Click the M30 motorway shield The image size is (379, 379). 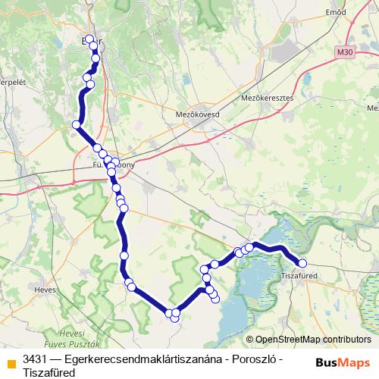pyautogui.click(x=346, y=52)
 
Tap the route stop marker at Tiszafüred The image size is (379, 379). pyautogui.click(x=302, y=263)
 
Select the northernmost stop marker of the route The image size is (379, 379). pyautogui.click(x=90, y=39)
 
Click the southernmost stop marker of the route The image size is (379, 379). pyautogui.click(x=175, y=318)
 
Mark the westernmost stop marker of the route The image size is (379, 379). pyautogui.click(x=77, y=124)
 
